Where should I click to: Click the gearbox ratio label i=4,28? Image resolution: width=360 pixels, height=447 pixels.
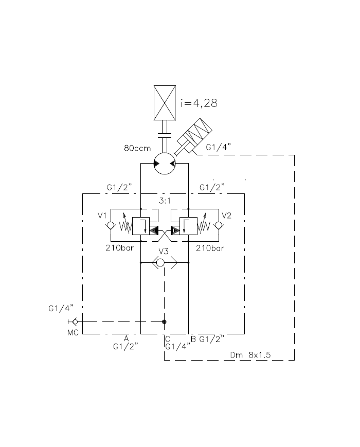point(199,103)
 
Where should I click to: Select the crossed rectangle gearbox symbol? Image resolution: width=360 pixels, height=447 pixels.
point(165,103)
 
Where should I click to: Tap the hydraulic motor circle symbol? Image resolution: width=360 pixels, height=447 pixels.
point(165,164)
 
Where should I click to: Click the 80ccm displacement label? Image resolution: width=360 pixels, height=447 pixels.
point(137,148)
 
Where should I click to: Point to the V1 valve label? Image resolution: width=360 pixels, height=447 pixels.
point(102,216)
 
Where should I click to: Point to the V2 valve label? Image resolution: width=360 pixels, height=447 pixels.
point(226,216)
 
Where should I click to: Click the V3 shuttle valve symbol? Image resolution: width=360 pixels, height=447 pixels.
point(165,262)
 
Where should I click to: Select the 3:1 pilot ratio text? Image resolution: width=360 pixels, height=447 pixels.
point(165,201)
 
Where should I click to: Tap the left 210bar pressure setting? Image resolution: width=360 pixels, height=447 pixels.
point(120,248)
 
